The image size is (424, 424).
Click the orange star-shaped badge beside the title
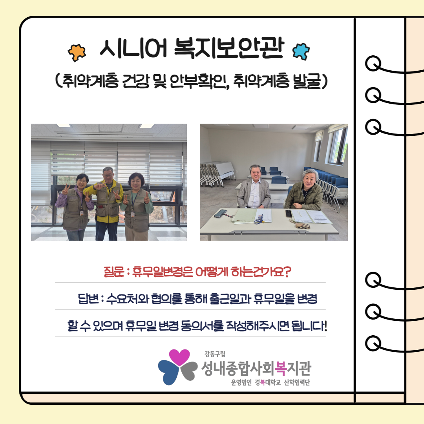(x=77, y=53)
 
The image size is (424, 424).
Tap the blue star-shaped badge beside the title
(x=301, y=51)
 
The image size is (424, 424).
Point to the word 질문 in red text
(x=114, y=272)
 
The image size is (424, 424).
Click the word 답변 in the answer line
(x=88, y=298)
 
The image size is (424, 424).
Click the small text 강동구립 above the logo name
(x=215, y=354)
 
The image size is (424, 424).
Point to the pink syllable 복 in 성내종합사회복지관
(x=280, y=368)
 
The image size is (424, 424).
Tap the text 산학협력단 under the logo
(x=297, y=382)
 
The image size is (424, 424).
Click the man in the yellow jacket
(x=107, y=203)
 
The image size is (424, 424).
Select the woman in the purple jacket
(x=75, y=207)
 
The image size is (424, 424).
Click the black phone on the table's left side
(x=220, y=213)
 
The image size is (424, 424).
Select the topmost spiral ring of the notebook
(x=373, y=63)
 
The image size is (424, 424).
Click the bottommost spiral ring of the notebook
(x=373, y=344)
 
